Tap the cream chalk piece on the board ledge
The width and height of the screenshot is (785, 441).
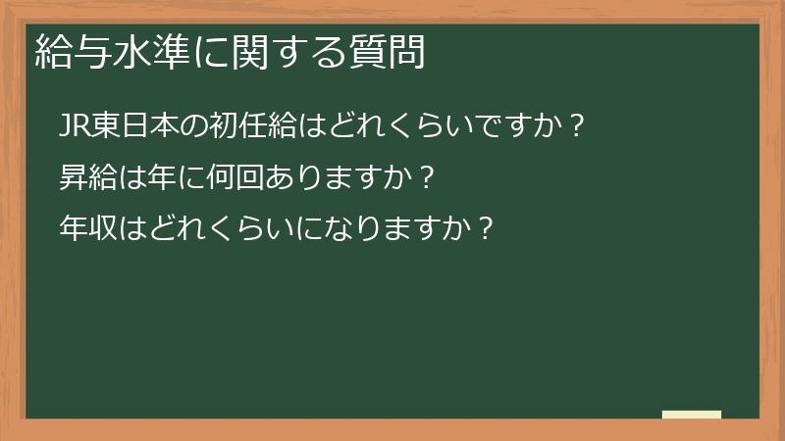point(692,415)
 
